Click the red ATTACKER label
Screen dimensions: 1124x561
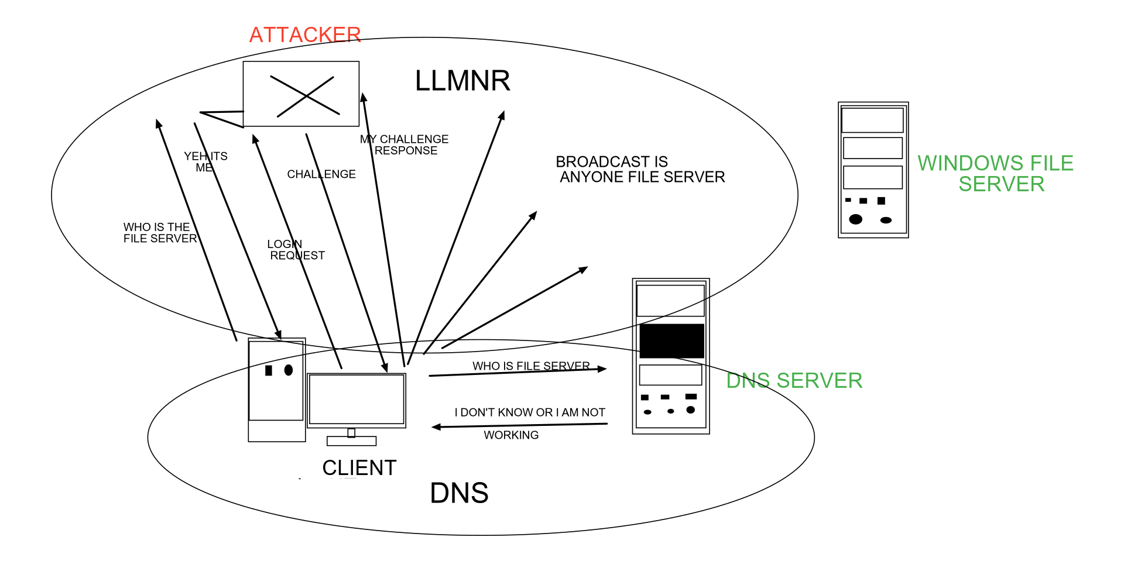(305, 35)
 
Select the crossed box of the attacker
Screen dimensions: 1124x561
(301, 94)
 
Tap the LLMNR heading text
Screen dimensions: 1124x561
(462, 81)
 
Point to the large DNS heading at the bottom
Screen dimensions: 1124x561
(459, 493)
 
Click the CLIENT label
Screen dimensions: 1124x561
(359, 468)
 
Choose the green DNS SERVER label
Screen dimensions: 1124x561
(794, 381)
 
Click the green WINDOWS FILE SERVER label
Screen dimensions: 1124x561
(996, 174)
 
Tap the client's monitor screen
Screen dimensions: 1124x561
(357, 400)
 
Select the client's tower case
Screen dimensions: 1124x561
(277, 390)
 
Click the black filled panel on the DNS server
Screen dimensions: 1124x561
(671, 341)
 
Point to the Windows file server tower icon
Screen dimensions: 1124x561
(873, 170)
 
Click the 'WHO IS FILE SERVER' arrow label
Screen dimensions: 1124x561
(531, 366)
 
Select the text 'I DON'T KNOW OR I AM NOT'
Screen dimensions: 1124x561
(530, 412)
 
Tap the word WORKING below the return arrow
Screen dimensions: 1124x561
(511, 435)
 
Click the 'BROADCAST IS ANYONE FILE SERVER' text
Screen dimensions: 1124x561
(640, 170)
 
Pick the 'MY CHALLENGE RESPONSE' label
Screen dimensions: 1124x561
(405, 145)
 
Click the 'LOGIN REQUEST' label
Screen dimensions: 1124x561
(296, 250)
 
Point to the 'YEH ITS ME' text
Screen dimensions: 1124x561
(205, 162)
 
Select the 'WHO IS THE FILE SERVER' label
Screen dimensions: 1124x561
(160, 233)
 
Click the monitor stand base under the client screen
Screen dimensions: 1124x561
(351, 441)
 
